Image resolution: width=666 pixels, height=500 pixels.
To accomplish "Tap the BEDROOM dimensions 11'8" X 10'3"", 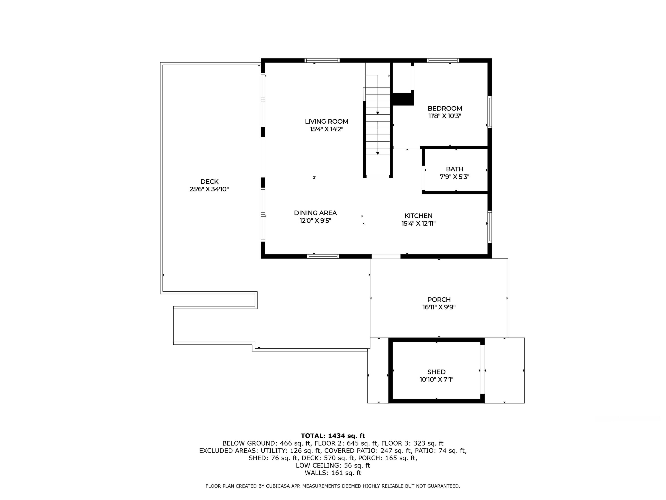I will click(445, 116).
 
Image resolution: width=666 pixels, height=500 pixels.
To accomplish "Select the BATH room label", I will click(454, 169).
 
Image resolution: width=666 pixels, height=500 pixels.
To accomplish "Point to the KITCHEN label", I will click(418, 216).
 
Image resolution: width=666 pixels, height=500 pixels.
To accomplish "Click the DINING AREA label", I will click(315, 213).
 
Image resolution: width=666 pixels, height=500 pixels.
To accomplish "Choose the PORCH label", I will click(439, 300).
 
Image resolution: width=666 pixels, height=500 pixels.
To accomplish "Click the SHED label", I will click(436, 372).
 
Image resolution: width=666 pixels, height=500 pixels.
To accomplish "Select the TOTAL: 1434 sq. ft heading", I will click(333, 436).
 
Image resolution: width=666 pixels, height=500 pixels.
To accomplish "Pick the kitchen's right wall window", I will click(489, 227).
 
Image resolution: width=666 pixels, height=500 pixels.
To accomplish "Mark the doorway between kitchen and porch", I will click(386, 256).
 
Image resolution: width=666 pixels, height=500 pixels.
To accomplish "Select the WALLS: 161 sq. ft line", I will click(333, 473).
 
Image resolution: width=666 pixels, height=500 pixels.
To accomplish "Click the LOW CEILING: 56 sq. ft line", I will click(333, 465).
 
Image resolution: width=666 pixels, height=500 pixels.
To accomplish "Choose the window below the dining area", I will click(323, 256).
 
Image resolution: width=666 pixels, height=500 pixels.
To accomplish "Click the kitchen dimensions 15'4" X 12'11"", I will click(418, 224).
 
